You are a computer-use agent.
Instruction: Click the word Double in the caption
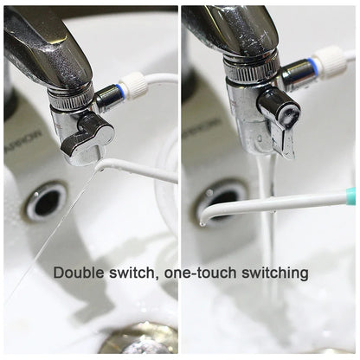[x=78, y=273]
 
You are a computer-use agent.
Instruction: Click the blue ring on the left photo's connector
[x=122, y=87]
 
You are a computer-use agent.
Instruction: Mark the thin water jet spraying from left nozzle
[x=52, y=234]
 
